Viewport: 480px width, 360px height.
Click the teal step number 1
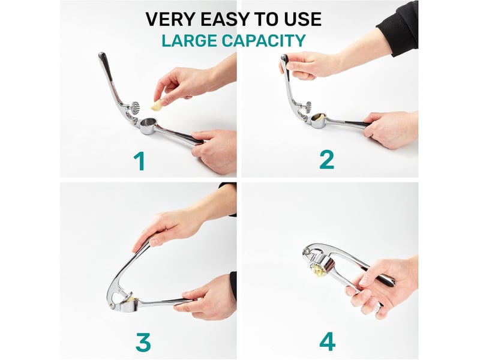click(x=139, y=161)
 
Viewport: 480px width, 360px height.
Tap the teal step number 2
click(x=326, y=160)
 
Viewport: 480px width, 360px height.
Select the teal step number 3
click(x=143, y=342)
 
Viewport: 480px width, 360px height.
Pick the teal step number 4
click(x=327, y=341)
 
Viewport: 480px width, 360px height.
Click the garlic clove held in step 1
click(x=157, y=106)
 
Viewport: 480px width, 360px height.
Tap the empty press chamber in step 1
click(x=148, y=124)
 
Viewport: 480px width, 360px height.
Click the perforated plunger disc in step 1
click(x=135, y=108)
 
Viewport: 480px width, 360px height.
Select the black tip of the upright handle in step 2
click(x=284, y=58)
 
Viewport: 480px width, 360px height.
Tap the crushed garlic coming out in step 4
click(x=316, y=271)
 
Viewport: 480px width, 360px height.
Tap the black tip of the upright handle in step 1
click(x=103, y=58)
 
